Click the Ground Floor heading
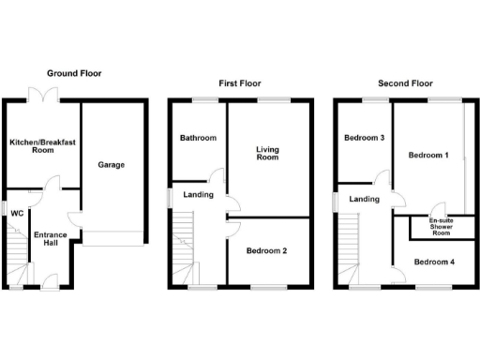[x=75, y=73]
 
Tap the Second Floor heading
[x=406, y=82]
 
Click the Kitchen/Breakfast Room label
[x=42, y=145]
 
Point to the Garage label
[x=112, y=165]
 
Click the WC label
[x=16, y=213]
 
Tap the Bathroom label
[x=198, y=139]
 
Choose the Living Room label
[x=268, y=153]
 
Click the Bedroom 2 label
[x=266, y=251]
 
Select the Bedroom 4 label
[x=434, y=262]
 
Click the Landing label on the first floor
[x=198, y=195]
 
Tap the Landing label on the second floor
[x=364, y=199]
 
